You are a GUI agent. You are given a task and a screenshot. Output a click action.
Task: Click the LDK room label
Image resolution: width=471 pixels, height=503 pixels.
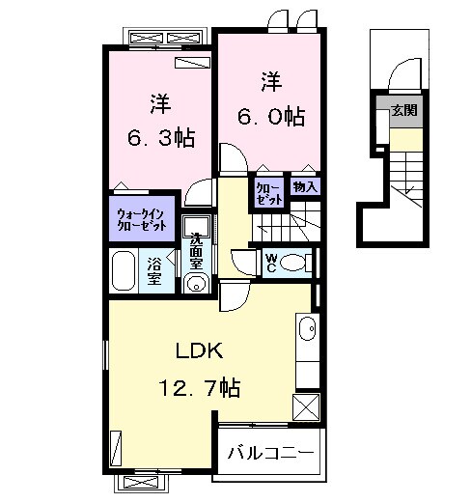199,350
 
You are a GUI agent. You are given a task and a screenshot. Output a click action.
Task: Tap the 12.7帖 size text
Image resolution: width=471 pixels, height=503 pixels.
200,388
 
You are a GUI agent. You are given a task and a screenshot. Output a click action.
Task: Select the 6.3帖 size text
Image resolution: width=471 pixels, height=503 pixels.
161,138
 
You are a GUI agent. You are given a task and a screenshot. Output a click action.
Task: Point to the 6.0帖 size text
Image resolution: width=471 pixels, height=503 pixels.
271,117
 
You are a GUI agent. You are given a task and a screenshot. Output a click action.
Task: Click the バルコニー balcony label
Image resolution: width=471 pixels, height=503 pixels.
270,454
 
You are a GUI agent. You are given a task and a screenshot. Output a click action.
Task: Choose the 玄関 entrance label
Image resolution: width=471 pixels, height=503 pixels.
404,110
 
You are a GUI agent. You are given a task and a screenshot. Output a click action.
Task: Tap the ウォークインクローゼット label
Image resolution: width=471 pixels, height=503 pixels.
142,219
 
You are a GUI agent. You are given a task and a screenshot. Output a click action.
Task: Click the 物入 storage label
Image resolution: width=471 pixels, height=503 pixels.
305,186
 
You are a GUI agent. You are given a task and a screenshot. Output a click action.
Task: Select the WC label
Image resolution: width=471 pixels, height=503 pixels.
271,263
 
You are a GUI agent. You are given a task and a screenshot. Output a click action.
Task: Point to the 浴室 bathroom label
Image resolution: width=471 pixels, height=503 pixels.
154,271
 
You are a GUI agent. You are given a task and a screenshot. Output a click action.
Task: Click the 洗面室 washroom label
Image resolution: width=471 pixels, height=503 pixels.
196,251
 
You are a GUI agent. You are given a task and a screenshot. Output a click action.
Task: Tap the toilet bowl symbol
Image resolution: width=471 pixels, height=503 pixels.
292,263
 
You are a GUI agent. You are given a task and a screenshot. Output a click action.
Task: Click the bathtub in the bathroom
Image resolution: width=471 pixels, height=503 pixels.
124,270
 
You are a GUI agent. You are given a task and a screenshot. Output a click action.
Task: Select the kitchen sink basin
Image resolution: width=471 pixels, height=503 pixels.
307,328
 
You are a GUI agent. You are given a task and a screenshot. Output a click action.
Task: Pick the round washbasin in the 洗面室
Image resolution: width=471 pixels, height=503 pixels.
196,284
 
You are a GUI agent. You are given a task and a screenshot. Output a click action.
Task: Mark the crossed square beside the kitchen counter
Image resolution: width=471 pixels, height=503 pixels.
306,407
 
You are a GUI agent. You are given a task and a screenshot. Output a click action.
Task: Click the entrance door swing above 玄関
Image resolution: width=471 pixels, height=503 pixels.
405,73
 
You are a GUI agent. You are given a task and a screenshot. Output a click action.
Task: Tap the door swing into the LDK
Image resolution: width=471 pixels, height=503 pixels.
235,295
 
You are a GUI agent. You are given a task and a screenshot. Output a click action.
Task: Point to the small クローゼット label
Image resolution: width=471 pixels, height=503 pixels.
269,194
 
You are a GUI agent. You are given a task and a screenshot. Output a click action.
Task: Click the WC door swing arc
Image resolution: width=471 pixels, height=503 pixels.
245,263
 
